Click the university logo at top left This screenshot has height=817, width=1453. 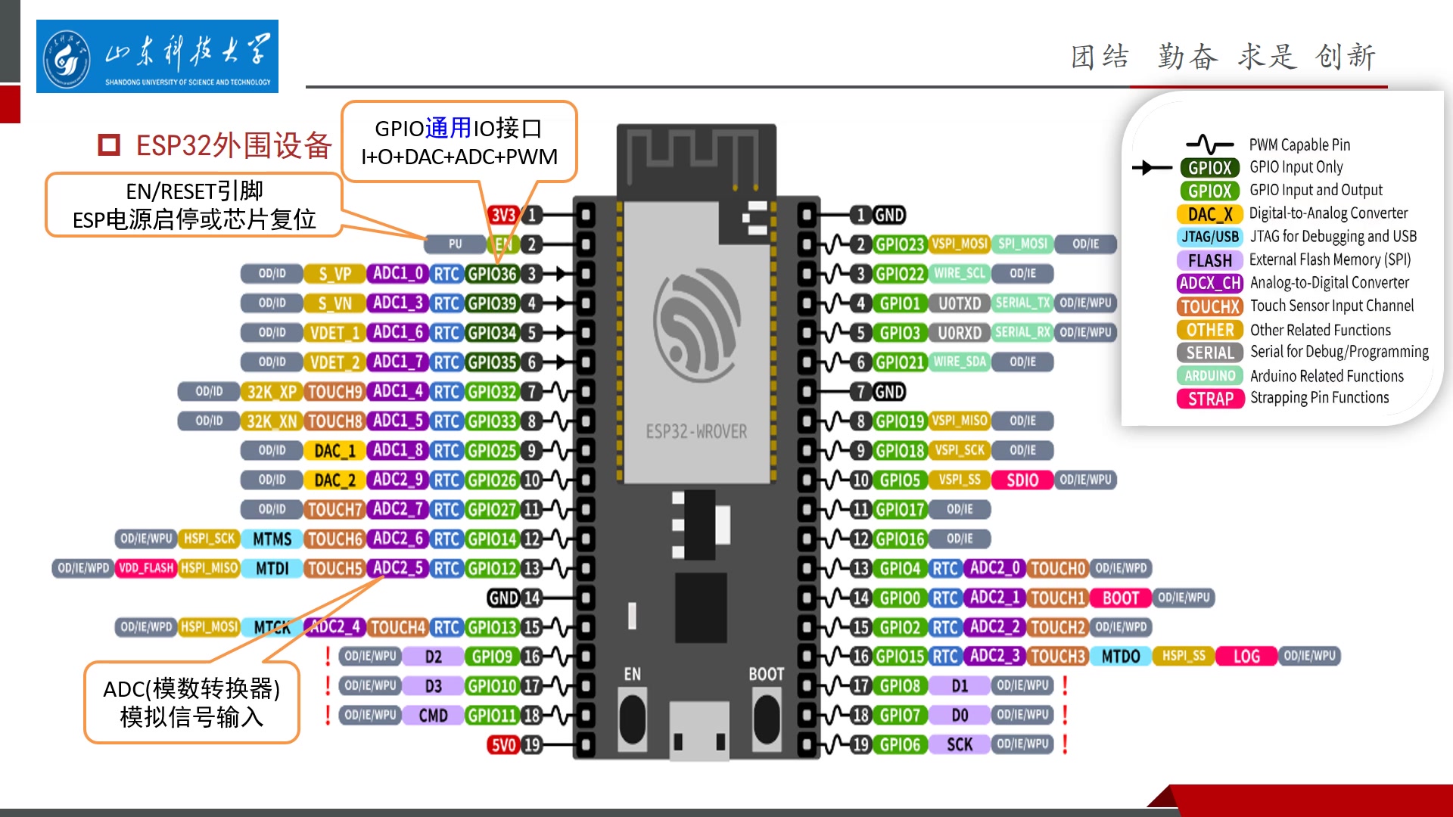tap(157, 57)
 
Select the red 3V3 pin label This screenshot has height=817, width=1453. tap(502, 215)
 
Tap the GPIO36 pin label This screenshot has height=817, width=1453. tap(491, 274)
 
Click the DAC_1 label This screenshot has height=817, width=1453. tap(334, 451)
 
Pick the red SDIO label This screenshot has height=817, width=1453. tap(1022, 480)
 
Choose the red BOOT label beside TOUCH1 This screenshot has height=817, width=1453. tap(1120, 598)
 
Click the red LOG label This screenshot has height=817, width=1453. tap(1246, 657)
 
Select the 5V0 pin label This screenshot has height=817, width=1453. tap(503, 745)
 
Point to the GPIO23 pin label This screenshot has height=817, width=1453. tap(899, 244)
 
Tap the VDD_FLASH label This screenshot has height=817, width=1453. tap(146, 568)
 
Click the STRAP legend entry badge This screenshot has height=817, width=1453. tap(1210, 399)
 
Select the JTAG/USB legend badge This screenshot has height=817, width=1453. tap(1210, 237)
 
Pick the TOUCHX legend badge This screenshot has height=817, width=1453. tap(1210, 306)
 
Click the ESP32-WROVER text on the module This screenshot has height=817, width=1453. tap(696, 432)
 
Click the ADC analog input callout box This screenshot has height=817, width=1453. tap(191, 703)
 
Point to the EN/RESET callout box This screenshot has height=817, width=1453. tap(194, 205)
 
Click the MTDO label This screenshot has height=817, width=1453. tap(1120, 657)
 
